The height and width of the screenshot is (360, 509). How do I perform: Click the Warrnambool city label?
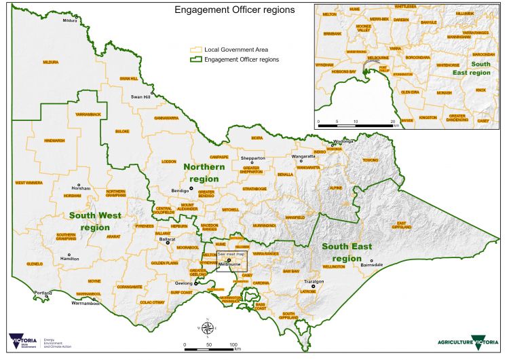86,304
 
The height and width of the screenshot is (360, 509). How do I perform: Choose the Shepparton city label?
252,158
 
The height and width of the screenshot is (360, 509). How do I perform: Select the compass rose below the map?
210,327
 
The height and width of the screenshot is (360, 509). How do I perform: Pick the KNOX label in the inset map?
480,90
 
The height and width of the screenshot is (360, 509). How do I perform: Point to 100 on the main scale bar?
234,345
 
